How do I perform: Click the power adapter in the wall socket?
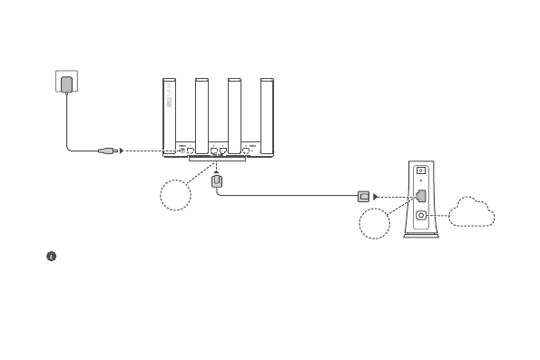(66, 85)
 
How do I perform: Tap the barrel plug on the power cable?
(108, 151)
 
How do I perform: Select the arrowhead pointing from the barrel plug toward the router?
(123, 151)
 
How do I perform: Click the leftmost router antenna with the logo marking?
(170, 113)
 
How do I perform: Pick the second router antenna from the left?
(202, 113)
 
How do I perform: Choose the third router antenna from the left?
(234, 113)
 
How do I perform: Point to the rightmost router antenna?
(267, 113)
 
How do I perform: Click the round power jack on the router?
(182, 150)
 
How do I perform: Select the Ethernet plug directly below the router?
(217, 182)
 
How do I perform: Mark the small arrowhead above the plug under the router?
(217, 170)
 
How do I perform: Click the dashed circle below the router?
(174, 196)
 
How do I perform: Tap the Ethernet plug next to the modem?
(364, 195)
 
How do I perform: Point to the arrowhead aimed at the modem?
(378, 195)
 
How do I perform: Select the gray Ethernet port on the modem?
(421, 195)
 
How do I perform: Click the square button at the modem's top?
(421, 170)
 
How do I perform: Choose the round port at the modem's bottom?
(421, 216)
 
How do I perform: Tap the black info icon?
(52, 257)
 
